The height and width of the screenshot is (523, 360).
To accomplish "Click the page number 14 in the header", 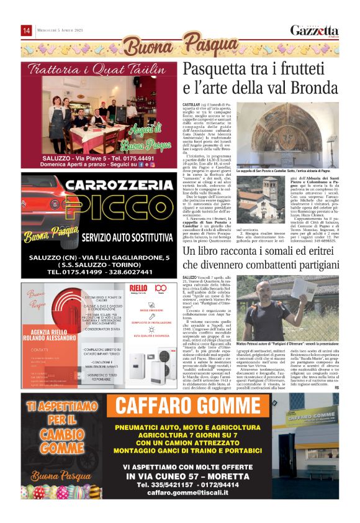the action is [27, 30].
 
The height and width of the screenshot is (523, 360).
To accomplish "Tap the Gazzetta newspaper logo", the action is [315, 30].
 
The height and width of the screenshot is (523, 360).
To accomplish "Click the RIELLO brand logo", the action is [138, 289].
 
